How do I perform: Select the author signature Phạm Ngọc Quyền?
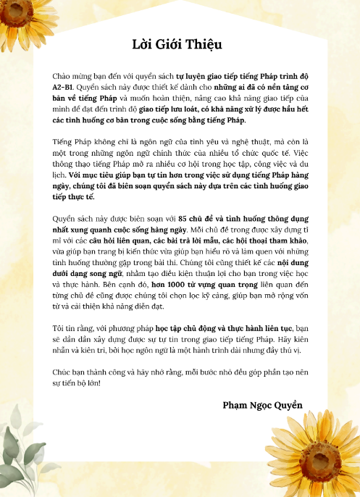(x=262, y=404)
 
